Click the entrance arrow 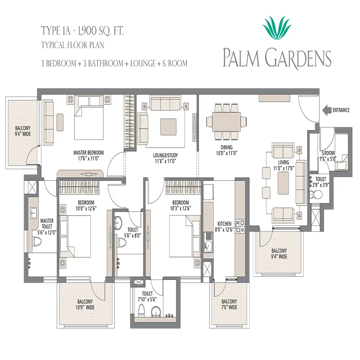tap(327, 110)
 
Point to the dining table tap(226, 121)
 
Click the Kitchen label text tap(224, 224)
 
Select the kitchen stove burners tap(240, 226)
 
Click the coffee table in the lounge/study tap(168, 127)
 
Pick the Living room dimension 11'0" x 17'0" tap(283, 168)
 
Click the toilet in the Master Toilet tap(37, 242)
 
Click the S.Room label tap(328, 153)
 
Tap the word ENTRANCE tap(341, 110)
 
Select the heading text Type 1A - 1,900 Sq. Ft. tap(82, 31)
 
